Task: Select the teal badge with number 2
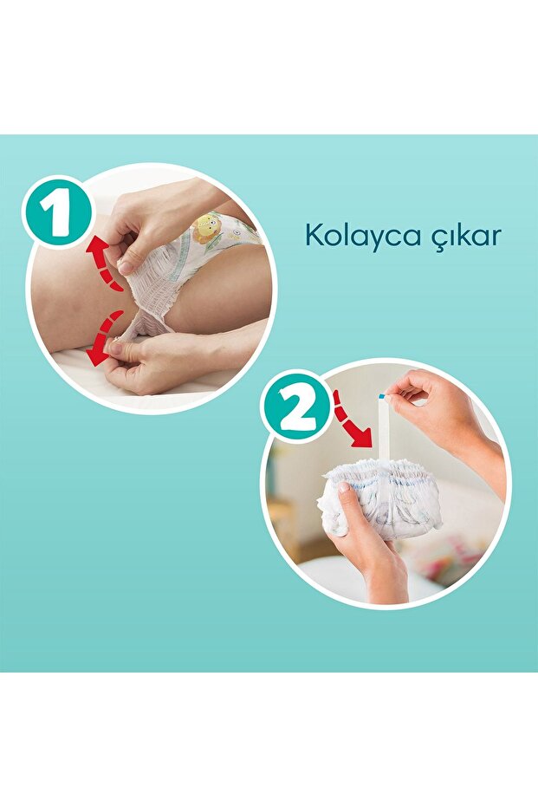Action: pos(297,407)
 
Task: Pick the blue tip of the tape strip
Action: pos(381,396)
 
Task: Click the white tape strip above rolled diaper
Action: pos(382,433)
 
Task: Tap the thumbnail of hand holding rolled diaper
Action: pos(346,490)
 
